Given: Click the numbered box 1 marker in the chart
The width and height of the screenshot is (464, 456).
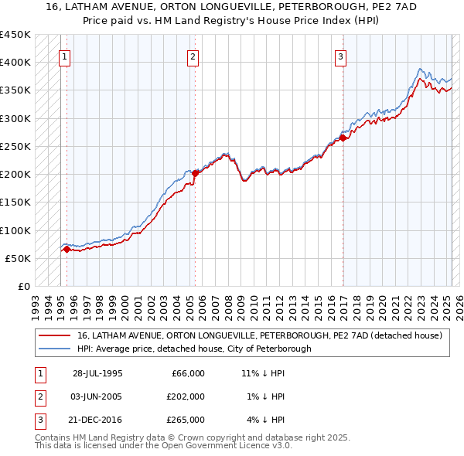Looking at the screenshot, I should [x=64, y=56].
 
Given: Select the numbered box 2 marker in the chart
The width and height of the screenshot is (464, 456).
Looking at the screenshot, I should [x=192, y=56].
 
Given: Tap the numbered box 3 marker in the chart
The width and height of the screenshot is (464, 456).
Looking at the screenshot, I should [x=340, y=56].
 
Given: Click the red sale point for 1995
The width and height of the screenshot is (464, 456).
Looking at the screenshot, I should [x=67, y=249].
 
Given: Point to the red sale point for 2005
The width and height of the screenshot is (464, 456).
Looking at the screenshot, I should [x=195, y=173].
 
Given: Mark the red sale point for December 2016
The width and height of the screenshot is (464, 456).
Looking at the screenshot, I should [x=343, y=138].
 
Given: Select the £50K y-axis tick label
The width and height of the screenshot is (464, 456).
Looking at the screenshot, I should [x=19, y=258].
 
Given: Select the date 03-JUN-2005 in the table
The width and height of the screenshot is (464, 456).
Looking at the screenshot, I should [x=97, y=396].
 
